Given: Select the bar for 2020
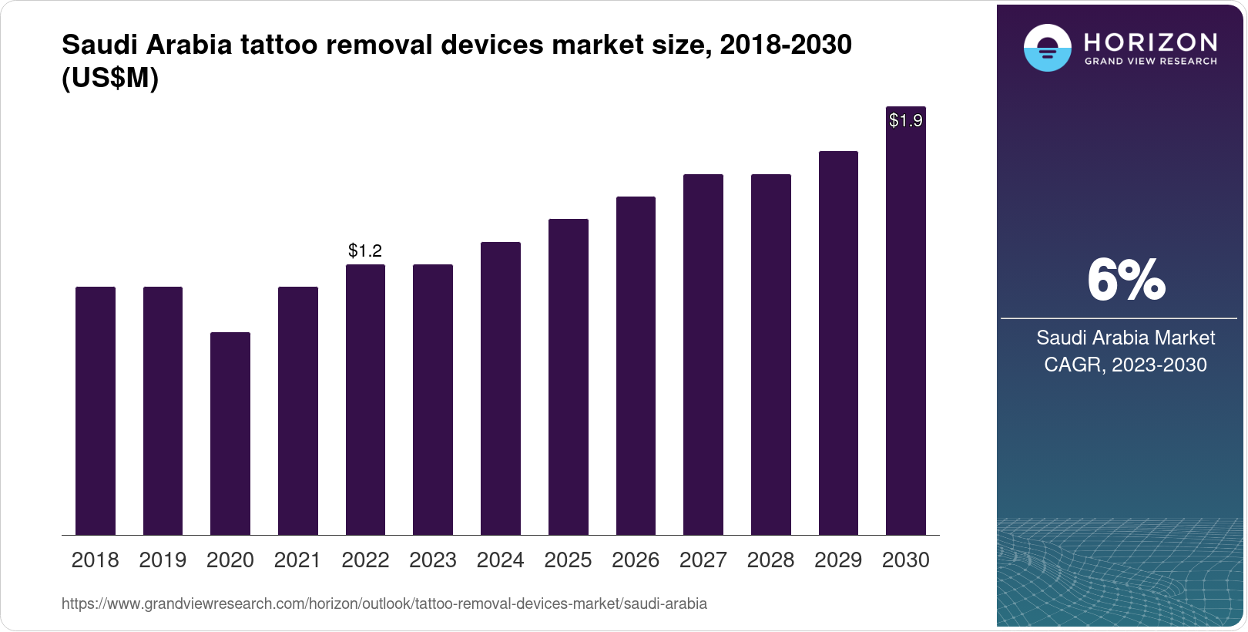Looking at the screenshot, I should pos(230,433).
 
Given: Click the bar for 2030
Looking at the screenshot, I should pos(906,324).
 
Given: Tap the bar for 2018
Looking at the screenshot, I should pos(96,411).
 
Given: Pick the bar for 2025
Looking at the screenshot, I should pos(569,377).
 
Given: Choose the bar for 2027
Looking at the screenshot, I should pos(703,355).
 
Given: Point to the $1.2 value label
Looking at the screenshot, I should pos(365,250).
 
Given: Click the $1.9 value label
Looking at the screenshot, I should pos(906,120).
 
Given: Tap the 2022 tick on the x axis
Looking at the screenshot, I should pos(365,560).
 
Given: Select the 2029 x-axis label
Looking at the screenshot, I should pos(838,560).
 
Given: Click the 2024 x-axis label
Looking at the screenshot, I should pos(501,560).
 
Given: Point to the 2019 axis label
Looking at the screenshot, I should pos(163,560).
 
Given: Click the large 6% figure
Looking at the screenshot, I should pos(1126,281).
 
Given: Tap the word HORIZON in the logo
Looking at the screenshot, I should pos(1150,42).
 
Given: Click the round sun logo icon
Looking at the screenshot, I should pos(1047,48).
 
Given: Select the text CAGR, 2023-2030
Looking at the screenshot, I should pos(1126,365).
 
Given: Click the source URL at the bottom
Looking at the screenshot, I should pos(384,603).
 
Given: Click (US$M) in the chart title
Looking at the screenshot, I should pos(110,78).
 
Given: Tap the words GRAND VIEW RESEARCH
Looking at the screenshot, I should pos(1150,62).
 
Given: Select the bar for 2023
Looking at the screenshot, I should pos(433,399).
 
